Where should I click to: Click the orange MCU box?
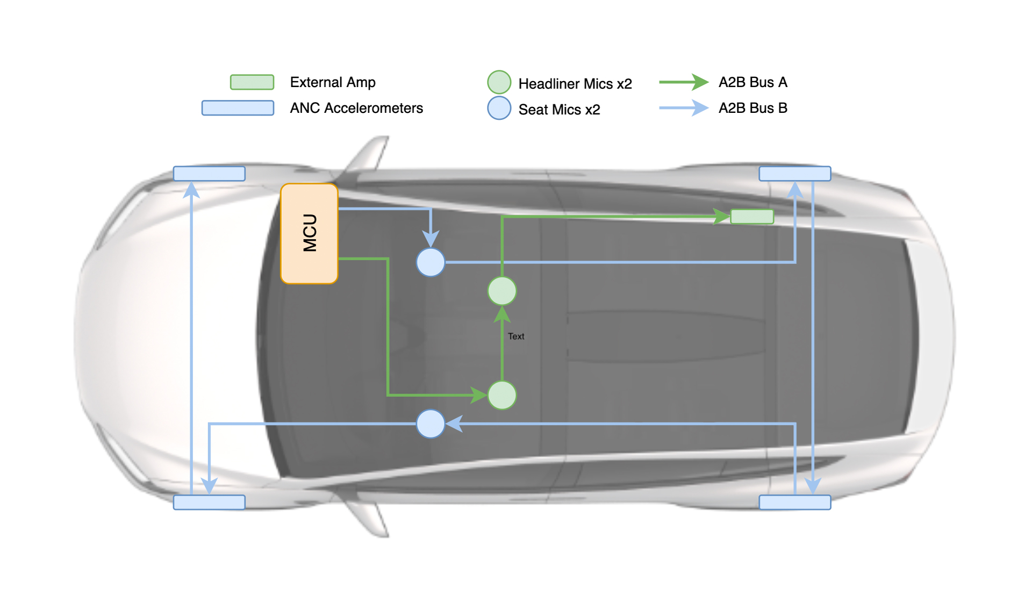point(309,233)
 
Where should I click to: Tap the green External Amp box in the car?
point(752,217)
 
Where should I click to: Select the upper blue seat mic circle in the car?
point(431,262)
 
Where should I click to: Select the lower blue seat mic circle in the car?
point(431,424)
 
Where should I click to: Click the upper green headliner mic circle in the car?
point(502,291)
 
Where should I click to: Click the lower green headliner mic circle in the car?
point(502,395)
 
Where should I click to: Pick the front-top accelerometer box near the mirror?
point(209,174)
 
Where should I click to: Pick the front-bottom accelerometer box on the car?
point(209,503)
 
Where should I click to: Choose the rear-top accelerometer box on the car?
point(794,174)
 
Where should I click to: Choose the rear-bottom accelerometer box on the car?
point(794,503)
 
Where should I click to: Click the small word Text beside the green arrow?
point(516,336)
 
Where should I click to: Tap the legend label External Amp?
point(333,82)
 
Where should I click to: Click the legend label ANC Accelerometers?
point(356,108)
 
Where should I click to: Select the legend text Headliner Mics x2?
point(575,84)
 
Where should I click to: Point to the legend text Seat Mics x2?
point(559,110)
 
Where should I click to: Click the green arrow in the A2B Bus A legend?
point(684,82)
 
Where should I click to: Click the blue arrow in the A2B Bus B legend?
point(684,108)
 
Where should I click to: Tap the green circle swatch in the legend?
point(499,82)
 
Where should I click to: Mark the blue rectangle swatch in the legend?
point(238,108)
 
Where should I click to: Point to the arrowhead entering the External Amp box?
point(722,217)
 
